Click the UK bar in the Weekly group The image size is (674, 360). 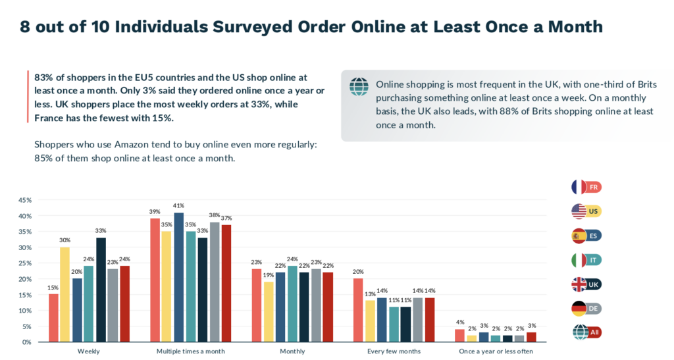[x=101, y=290]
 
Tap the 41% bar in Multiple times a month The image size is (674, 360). [x=179, y=277]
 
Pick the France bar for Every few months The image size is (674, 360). [x=358, y=310]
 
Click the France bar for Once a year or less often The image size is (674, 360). [x=459, y=336]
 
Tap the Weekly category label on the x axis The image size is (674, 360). [x=89, y=351]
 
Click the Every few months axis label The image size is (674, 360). [x=394, y=351]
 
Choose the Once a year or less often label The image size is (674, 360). [x=496, y=351]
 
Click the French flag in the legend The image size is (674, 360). [x=579, y=187]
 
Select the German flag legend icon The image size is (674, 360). [x=579, y=308]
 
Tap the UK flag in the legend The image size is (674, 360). [x=579, y=284]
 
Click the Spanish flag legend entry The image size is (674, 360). [x=579, y=236]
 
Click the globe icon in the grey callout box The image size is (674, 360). [x=359, y=86]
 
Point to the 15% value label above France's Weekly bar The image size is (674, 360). [x=53, y=287]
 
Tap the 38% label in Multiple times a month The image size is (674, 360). [x=214, y=215]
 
